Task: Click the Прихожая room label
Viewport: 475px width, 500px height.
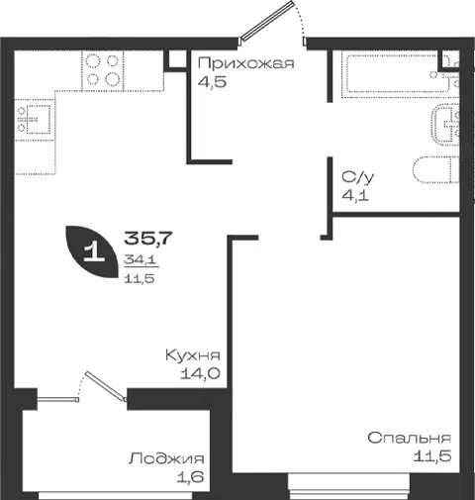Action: [x=245, y=63]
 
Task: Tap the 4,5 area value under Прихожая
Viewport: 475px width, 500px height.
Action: [x=212, y=81]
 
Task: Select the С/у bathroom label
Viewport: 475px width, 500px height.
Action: [x=358, y=178]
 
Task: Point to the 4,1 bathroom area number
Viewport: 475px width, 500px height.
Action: [x=355, y=196]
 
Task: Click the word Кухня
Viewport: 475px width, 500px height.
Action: [x=193, y=355]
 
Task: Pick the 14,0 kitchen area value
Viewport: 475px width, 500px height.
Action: [x=200, y=373]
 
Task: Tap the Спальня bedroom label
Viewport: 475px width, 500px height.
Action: [x=410, y=439]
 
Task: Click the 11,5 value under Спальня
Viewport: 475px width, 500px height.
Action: [x=432, y=456]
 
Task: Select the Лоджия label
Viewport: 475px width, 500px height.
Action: [x=166, y=459]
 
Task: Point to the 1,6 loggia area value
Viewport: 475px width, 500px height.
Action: [x=191, y=477]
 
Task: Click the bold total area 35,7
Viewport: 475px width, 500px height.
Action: [x=148, y=239]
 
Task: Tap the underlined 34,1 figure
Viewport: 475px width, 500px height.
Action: [x=140, y=260]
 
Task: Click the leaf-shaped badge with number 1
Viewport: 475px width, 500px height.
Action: [x=93, y=251]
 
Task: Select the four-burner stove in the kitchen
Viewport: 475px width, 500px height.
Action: [x=103, y=70]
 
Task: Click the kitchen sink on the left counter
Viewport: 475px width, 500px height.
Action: [x=34, y=119]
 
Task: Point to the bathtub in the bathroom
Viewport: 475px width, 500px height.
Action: [x=399, y=74]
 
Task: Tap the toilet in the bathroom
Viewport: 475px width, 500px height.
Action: [x=435, y=169]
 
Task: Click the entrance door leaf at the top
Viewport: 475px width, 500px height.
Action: [x=267, y=20]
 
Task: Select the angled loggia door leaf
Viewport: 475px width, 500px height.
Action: [x=106, y=386]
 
